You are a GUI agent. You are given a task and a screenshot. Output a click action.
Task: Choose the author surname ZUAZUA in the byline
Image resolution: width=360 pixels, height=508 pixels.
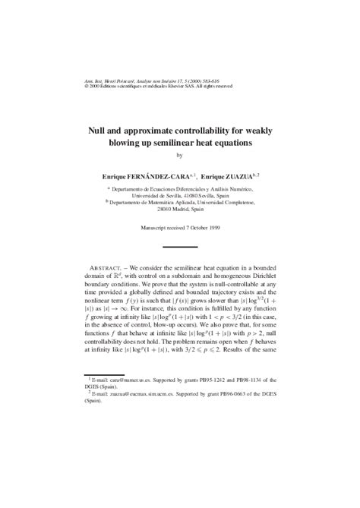click(238, 175)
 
